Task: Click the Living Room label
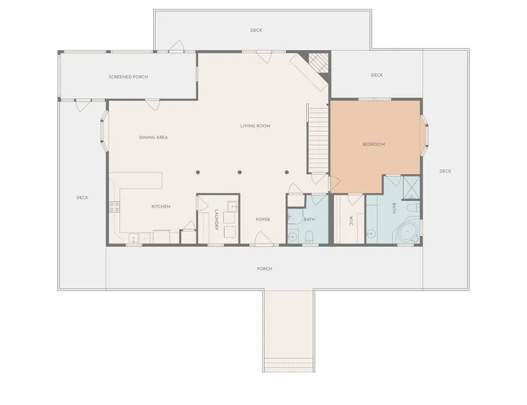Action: click(x=255, y=126)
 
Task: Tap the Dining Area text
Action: click(x=153, y=137)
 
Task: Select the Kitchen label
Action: click(x=161, y=206)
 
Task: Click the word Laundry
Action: click(x=217, y=220)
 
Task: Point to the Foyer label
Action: click(x=263, y=220)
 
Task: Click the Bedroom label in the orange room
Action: click(x=374, y=144)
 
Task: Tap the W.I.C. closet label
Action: click(x=350, y=220)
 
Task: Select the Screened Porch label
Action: click(x=128, y=77)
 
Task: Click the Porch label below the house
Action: click(x=264, y=269)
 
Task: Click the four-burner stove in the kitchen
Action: click(x=114, y=207)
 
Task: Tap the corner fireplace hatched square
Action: click(x=318, y=62)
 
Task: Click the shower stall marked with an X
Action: click(x=411, y=187)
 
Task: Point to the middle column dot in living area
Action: click(x=240, y=172)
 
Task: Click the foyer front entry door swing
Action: click(x=263, y=237)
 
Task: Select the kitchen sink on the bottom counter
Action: click(x=133, y=238)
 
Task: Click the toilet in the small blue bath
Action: click(x=310, y=236)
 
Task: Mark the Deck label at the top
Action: click(x=256, y=30)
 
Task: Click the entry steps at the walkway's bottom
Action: click(x=289, y=364)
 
